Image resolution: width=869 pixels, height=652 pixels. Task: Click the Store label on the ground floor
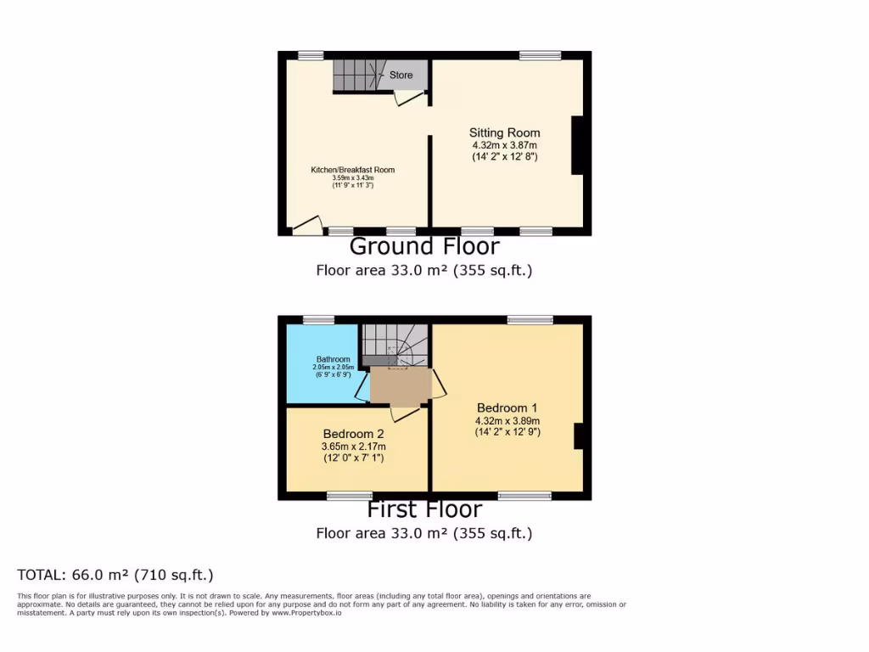tap(401, 76)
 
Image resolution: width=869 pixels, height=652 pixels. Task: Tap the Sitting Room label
tap(505, 132)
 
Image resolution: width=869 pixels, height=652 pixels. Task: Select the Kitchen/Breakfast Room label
tap(352, 170)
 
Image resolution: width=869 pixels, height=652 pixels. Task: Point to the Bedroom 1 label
tap(507, 407)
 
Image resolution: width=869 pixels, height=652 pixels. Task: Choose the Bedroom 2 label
tap(353, 434)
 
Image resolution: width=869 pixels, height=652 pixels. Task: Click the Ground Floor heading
tap(424, 247)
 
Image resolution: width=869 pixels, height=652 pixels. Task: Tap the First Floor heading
tap(424, 509)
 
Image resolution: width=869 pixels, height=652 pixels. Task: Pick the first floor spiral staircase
tap(397, 344)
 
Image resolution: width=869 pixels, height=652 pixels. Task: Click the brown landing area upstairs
tap(401, 387)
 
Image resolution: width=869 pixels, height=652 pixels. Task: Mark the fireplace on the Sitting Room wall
tap(577, 144)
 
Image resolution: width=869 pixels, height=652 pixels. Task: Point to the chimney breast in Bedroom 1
tap(579, 436)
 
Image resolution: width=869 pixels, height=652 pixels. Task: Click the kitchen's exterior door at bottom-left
tap(307, 225)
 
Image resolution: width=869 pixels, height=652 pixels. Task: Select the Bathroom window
tap(319, 320)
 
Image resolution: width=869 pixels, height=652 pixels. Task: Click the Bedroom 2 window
tap(350, 496)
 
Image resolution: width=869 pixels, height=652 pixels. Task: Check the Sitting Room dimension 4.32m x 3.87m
tap(505, 145)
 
